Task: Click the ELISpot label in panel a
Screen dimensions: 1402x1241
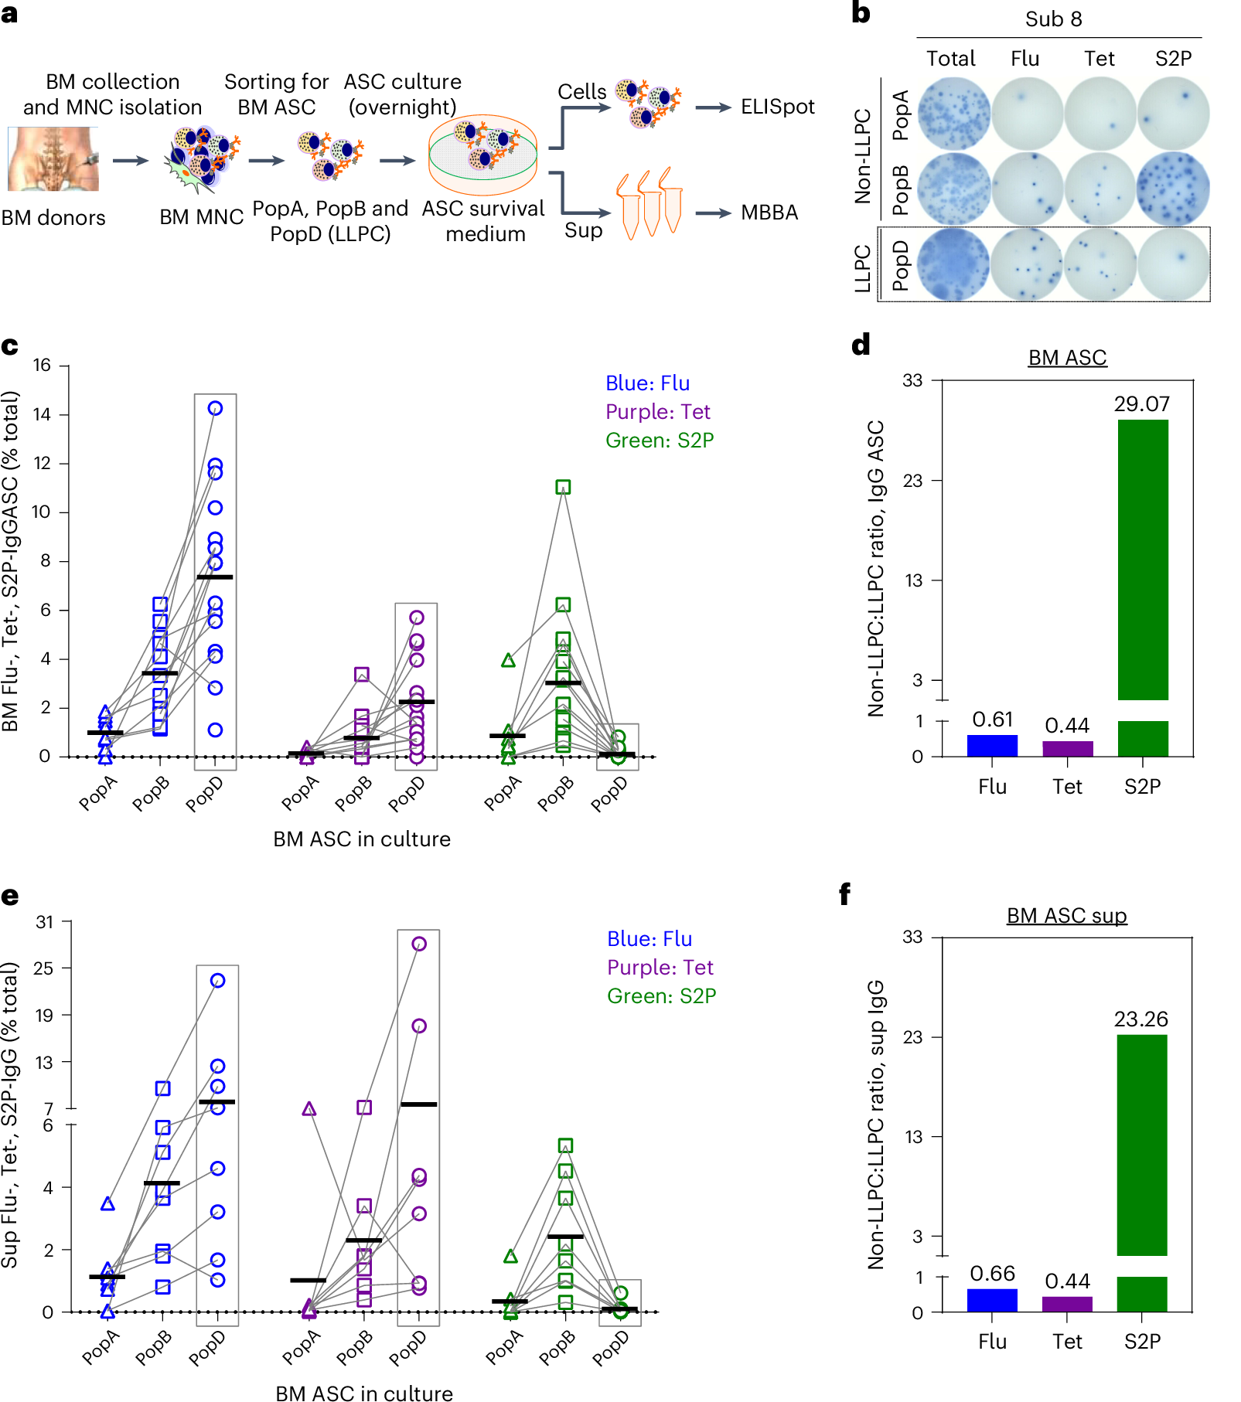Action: point(777,107)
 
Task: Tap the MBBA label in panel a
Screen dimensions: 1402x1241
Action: point(769,213)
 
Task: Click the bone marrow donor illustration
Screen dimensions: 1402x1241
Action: point(53,159)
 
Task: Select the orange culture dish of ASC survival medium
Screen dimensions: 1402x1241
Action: point(483,155)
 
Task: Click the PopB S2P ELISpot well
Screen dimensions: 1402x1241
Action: point(1173,189)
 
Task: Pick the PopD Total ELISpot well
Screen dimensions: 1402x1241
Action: point(952,264)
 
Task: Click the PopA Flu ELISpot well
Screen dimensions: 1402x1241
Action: point(1025,114)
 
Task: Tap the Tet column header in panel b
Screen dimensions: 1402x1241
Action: point(1099,59)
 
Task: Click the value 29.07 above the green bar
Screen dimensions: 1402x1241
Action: point(1141,404)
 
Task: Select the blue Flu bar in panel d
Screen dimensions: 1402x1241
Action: point(992,745)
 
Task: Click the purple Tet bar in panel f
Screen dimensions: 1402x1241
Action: point(1067,1304)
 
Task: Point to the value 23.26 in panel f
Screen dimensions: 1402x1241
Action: point(1140,1019)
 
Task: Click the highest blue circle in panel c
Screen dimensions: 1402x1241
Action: point(216,408)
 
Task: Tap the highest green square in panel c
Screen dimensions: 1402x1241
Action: point(563,487)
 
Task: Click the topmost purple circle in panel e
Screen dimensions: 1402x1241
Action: point(419,944)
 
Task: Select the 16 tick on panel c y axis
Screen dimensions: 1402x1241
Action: point(42,365)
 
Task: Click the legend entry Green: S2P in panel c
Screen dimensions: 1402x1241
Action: point(660,441)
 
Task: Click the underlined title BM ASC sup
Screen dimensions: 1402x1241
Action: point(1066,916)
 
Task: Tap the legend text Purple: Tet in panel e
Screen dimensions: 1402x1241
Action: point(660,968)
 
